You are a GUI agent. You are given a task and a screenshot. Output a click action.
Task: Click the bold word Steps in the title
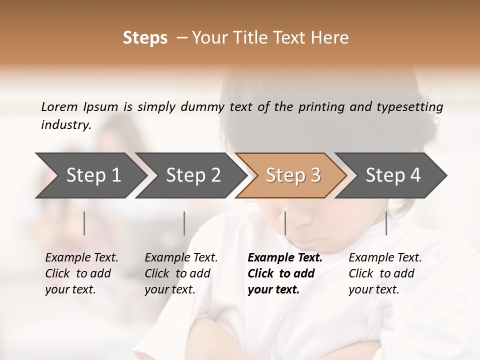[145, 38]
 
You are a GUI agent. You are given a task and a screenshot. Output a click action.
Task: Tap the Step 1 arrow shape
[93, 175]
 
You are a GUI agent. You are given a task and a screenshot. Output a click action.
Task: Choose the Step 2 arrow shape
[193, 175]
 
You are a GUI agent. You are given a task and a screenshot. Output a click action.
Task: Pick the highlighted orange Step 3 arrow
[292, 175]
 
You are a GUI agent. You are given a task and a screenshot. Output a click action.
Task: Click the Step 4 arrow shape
[393, 175]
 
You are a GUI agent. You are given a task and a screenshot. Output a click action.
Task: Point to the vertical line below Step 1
[84, 223]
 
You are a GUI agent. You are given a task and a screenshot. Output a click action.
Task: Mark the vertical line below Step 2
[184, 223]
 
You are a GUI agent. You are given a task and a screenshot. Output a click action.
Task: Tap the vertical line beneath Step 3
[285, 223]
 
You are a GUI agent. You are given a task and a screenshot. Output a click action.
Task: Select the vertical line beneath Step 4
[386, 223]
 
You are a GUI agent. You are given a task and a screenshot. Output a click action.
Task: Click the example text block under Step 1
[81, 273]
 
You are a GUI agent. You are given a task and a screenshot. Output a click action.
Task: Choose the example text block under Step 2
[181, 273]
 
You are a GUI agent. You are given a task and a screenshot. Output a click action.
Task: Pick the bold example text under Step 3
[285, 273]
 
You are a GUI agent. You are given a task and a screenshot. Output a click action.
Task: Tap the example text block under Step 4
[385, 273]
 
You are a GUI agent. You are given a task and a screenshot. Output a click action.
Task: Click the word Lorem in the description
[59, 107]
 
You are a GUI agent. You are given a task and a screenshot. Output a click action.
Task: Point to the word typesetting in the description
[411, 107]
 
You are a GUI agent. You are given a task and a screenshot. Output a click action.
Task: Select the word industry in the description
[65, 124]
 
